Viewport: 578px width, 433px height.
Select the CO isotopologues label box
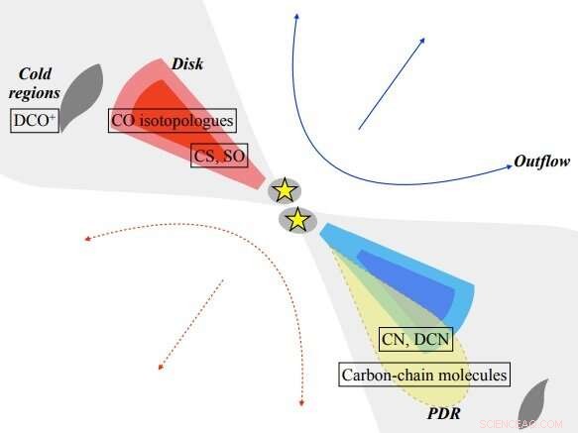pyautogui.click(x=172, y=122)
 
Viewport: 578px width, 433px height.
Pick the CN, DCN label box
pyautogui.click(x=415, y=340)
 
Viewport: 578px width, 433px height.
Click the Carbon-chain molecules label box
pyautogui.click(x=424, y=376)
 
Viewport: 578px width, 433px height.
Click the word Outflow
pyautogui.click(x=540, y=162)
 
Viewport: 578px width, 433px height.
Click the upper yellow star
pyautogui.click(x=286, y=189)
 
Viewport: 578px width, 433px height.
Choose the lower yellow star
pyautogui.click(x=296, y=220)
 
